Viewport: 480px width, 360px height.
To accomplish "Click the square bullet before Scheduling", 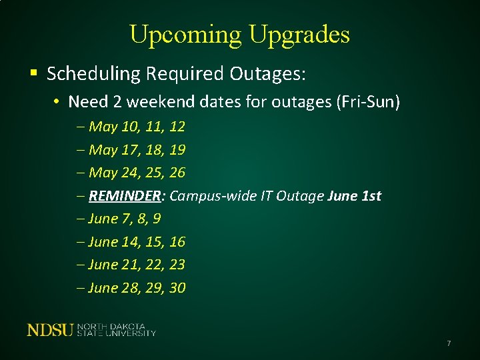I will [x=33, y=73].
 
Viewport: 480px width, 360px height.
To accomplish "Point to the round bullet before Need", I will [x=59, y=103].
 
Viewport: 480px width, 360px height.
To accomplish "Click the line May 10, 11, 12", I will [x=136, y=127].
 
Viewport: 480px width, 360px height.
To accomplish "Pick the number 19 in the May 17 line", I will [x=177, y=149].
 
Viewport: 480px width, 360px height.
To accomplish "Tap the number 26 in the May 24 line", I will [x=177, y=173].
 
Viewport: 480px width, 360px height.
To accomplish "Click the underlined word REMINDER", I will [x=125, y=196].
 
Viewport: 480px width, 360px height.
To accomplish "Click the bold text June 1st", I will [x=355, y=196].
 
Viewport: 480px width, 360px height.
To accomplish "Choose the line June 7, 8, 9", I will [x=124, y=219].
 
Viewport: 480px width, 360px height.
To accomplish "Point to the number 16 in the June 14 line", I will [x=177, y=241].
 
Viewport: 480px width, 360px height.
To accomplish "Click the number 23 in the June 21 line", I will [x=177, y=265].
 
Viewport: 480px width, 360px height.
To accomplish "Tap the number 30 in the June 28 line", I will [x=177, y=288].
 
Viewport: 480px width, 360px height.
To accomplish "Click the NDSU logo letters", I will [x=50, y=329].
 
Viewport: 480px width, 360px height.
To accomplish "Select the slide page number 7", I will [x=449, y=343].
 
